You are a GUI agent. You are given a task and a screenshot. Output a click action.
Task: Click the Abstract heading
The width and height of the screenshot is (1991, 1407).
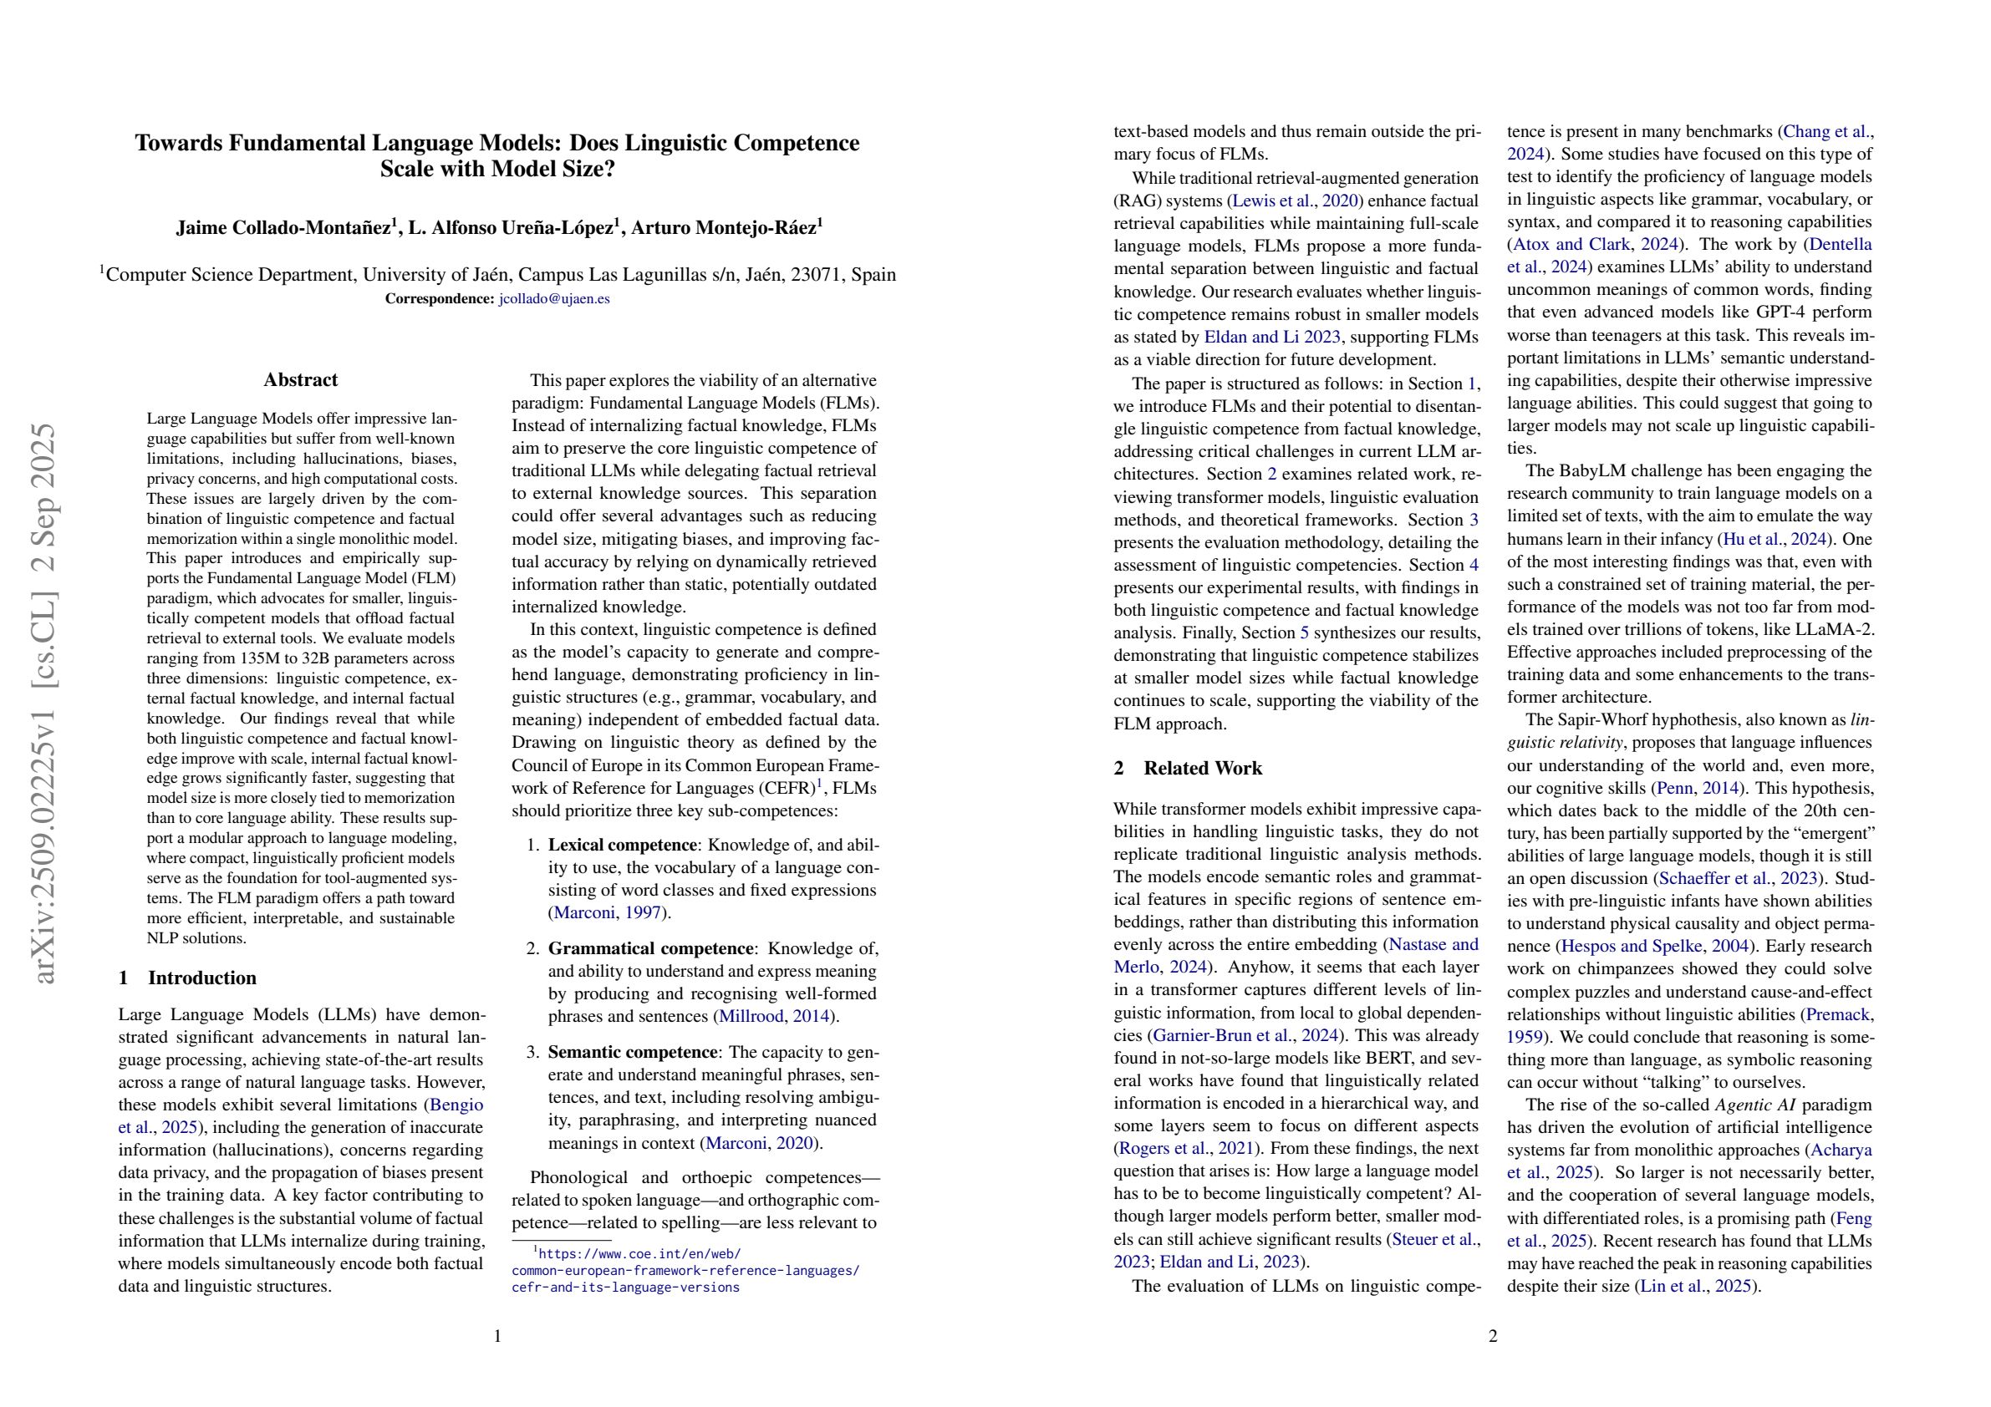coord(300,379)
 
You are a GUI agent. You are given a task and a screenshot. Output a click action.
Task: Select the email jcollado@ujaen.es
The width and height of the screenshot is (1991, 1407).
coord(554,298)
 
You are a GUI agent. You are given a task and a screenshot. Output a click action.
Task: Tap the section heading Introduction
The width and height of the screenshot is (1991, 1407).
coord(202,978)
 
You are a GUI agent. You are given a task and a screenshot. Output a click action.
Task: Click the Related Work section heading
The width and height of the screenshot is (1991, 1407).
coord(1203,768)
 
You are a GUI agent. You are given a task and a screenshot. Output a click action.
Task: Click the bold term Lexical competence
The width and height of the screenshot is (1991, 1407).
coord(622,846)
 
